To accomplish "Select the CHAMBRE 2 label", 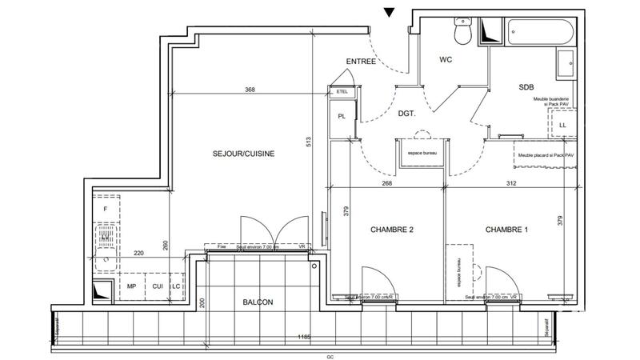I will (391, 230).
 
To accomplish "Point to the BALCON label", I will (258, 302).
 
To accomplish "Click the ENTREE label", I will (361, 62).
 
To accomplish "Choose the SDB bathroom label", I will (527, 86).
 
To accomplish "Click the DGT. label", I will (407, 114).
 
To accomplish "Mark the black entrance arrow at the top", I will (390, 12).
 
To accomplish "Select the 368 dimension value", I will (250, 90).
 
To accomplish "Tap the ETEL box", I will (343, 92).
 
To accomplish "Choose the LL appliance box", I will (562, 126).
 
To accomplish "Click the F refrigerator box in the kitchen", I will (106, 209).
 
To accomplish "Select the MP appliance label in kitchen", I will (131, 286).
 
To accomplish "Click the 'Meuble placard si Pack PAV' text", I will (546, 155).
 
